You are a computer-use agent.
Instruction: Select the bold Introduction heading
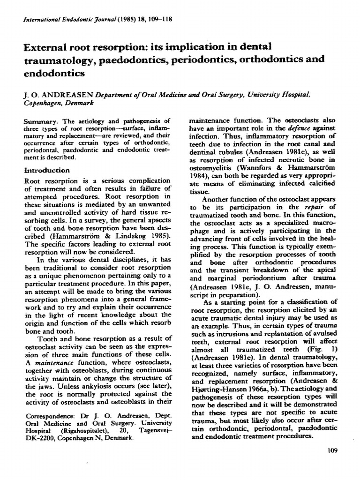(x=48, y=170)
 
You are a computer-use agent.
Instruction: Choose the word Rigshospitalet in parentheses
(x=78, y=431)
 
